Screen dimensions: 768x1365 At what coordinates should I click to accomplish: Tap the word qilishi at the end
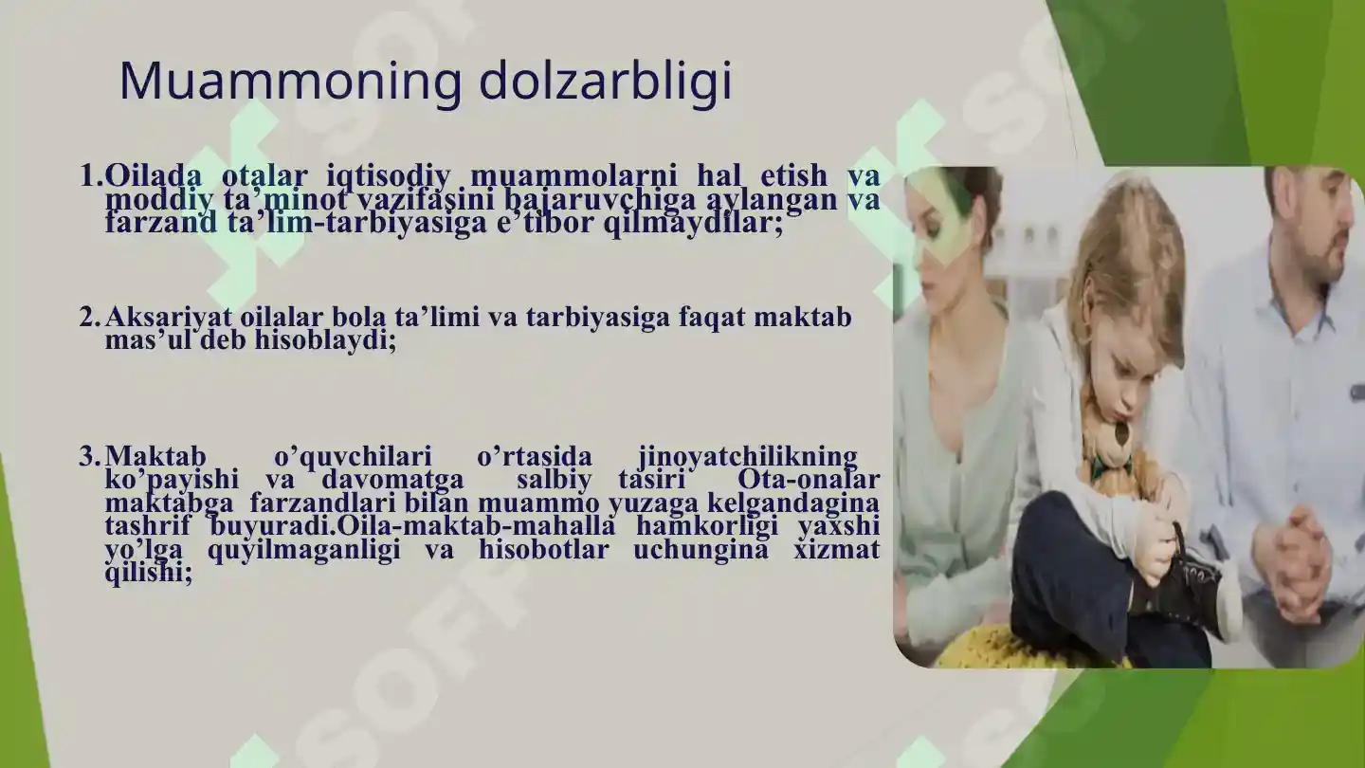[x=148, y=572]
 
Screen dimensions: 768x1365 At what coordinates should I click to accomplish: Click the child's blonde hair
[x=1128, y=265]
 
